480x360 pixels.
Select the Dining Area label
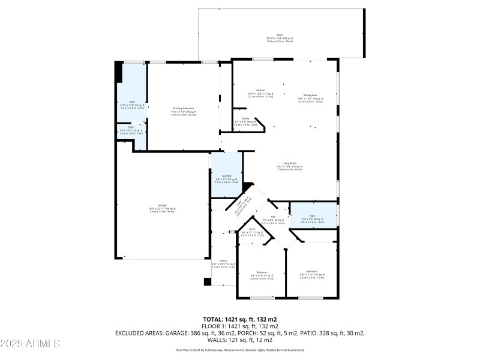click(x=310, y=95)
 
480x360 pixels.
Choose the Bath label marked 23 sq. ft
click(x=131, y=127)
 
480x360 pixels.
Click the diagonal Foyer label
click(x=241, y=205)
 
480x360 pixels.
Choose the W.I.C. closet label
click(x=252, y=229)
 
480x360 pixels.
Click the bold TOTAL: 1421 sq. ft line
click(x=239, y=319)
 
